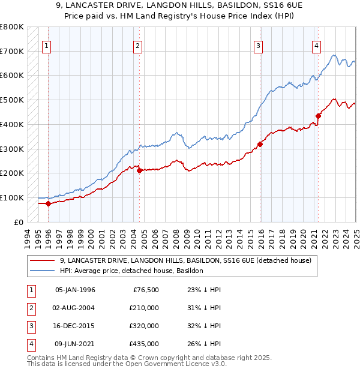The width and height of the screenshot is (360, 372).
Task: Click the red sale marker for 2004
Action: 139,170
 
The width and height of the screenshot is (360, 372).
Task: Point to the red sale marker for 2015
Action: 260,143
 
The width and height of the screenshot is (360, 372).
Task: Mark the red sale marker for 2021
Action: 319,116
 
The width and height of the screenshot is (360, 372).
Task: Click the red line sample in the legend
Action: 42,261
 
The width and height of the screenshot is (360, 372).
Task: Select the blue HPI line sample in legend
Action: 42,271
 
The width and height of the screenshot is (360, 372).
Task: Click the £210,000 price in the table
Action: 144,308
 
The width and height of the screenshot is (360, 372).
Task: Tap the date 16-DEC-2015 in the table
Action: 75,326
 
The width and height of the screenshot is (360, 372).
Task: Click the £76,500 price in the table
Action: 146,290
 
